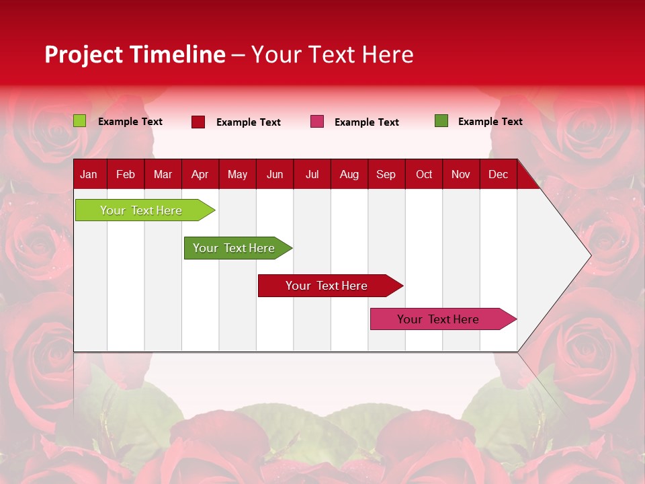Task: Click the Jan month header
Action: coord(89,175)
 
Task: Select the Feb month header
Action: coord(126,175)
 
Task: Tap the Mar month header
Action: coord(163,175)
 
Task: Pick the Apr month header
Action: coord(200,175)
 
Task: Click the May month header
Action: coord(237,175)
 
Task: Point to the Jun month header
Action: coord(275,175)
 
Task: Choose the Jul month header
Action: coord(312,175)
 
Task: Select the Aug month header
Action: coord(349,175)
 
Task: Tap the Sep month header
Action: coord(386,175)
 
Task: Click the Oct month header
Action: coord(424,175)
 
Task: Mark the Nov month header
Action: coord(461,175)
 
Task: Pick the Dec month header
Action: coord(498,175)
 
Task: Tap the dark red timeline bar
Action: coord(327,286)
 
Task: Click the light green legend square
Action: coord(80,121)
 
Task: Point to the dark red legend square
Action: coord(198,122)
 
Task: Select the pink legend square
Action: coord(317,122)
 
